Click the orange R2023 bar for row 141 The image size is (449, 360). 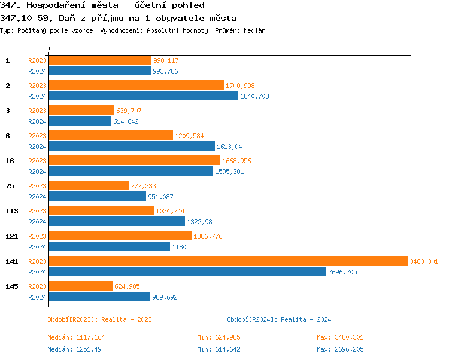(227, 261)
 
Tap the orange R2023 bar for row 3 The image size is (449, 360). (81, 111)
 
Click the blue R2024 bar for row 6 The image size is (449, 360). (131, 147)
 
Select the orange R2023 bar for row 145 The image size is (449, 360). (80, 286)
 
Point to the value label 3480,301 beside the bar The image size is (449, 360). (424, 261)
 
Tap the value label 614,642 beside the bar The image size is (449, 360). (126, 121)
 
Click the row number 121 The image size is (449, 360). (11, 236)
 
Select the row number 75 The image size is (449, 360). (10, 186)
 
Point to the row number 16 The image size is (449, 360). (10, 161)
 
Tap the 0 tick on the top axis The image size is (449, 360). (48, 48)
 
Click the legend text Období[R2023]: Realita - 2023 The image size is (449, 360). (99, 319)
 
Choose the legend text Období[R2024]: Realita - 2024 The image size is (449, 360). (279, 319)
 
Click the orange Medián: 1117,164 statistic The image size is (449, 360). (76, 337)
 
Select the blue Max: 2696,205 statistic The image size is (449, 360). (340, 349)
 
